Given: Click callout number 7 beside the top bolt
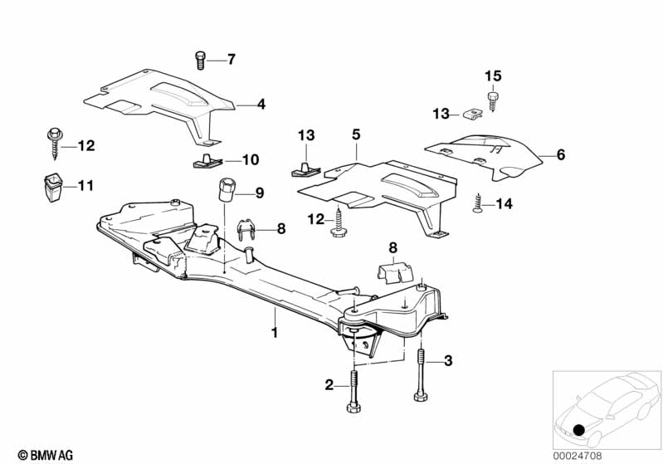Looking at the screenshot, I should pyautogui.click(x=232, y=59).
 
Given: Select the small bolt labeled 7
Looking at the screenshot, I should pyautogui.click(x=201, y=60).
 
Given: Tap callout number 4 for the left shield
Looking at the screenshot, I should pyautogui.click(x=261, y=105).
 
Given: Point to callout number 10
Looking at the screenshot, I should pyautogui.click(x=251, y=159).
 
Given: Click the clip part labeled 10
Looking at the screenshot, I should pyautogui.click(x=204, y=159).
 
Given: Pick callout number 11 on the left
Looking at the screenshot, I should pyautogui.click(x=86, y=186).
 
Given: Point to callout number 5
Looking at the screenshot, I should pyautogui.click(x=356, y=133).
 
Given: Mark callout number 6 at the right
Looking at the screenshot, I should pyautogui.click(x=560, y=154).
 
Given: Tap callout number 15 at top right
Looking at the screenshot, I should pyautogui.click(x=493, y=76).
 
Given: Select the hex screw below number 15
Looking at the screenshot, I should pyautogui.click(x=492, y=100).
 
